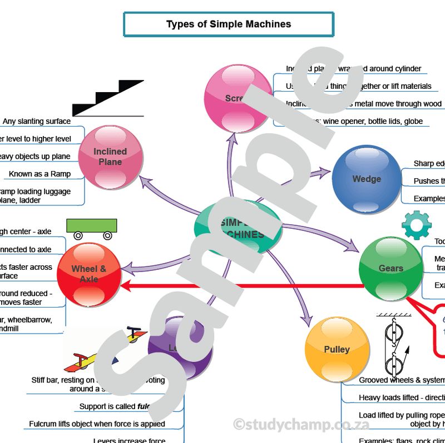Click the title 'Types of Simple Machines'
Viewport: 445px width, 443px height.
[x=228, y=24]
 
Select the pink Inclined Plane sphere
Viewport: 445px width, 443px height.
[x=110, y=157]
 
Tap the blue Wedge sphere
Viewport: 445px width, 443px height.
[x=366, y=179]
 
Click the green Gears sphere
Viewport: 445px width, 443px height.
[x=390, y=269]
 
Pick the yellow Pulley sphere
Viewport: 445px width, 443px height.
[x=337, y=350]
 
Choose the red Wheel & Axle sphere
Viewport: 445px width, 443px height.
[x=89, y=274]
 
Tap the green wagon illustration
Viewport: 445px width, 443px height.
[x=92, y=228]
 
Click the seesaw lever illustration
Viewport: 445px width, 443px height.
[x=103, y=353]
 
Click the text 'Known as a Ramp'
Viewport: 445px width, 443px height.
[x=39, y=174]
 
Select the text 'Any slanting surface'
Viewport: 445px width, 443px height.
[x=37, y=121]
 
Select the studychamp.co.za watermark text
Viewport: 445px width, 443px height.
[x=301, y=425]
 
